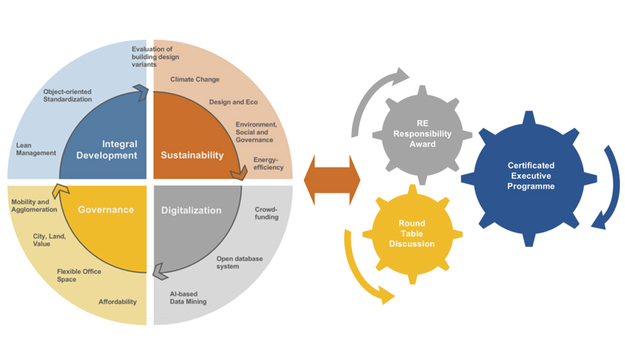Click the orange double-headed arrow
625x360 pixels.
pos(332,180)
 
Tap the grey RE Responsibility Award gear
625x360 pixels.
pos(422,134)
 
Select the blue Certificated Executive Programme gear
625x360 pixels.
pos(530,176)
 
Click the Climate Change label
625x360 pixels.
pos(195,80)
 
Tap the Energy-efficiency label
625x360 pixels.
pos(268,163)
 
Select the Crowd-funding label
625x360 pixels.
pos(266,213)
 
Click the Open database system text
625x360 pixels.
pos(239,263)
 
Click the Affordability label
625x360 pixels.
pos(118,302)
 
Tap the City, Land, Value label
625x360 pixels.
pos(49,240)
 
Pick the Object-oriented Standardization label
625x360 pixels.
pos(68,95)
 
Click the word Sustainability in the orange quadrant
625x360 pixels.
pos(192,155)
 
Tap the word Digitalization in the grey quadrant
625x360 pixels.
pos(191,211)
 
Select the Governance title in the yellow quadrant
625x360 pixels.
pos(106,210)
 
